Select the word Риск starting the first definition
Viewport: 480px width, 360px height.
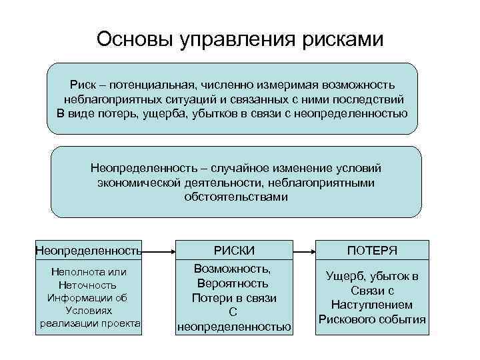click(84, 85)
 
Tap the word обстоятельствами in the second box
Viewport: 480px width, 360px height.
click(236, 197)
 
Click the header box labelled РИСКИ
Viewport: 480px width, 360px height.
click(234, 250)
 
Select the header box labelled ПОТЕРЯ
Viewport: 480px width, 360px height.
click(372, 250)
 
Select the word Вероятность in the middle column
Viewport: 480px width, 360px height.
click(233, 283)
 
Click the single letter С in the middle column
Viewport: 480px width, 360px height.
click(233, 312)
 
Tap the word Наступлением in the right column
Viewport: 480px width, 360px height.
click(372, 305)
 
